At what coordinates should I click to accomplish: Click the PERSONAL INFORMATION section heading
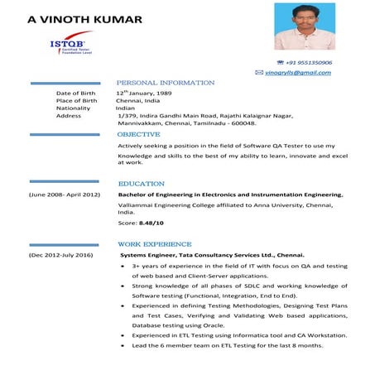[165, 84]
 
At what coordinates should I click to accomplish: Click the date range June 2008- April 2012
[65, 195]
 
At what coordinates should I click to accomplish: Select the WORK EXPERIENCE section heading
[155, 245]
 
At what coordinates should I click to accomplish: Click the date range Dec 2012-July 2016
[60, 256]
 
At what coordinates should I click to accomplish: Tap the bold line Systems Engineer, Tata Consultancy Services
[212, 256]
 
